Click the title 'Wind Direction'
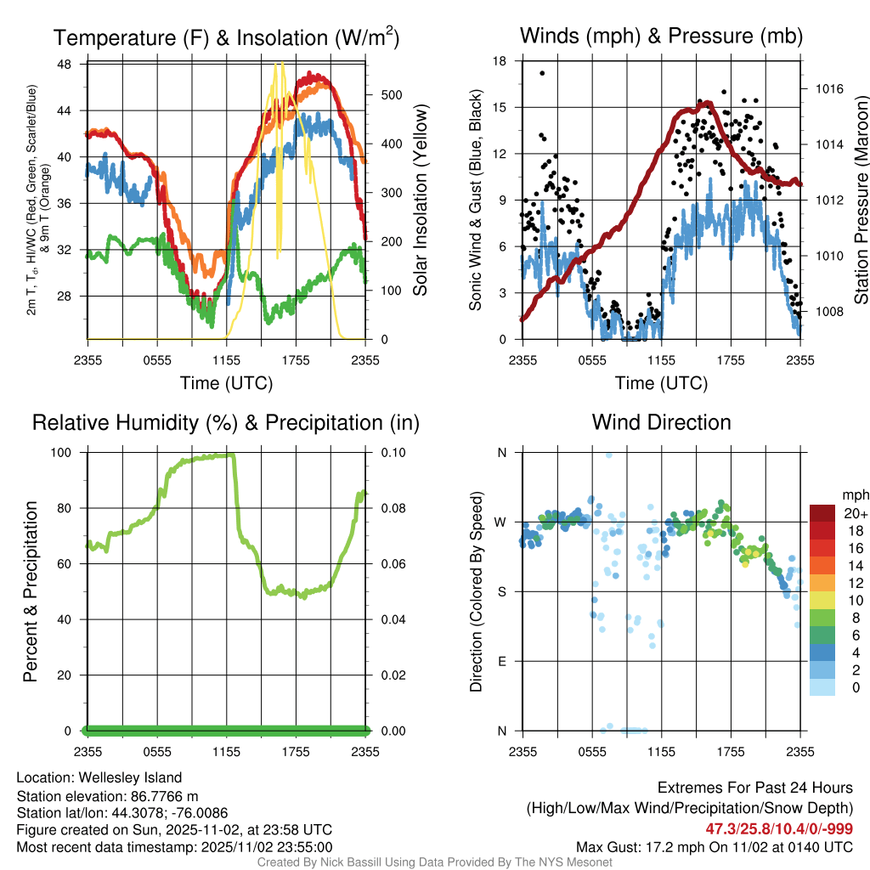pyautogui.click(x=661, y=422)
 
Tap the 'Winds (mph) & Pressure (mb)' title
pyautogui.click(x=661, y=36)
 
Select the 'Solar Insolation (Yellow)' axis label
pyautogui.click(x=421, y=201)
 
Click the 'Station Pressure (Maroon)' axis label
pyautogui.click(x=860, y=201)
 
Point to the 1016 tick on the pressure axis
pyautogui.click(x=828, y=88)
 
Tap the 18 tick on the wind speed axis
pyautogui.click(x=500, y=61)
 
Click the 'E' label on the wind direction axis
pyautogui.click(x=501, y=661)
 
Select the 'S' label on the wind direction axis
pyautogui.click(x=501, y=591)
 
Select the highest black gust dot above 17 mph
pyautogui.click(x=542, y=73)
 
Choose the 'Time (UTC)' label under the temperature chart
pyautogui.click(x=226, y=383)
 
